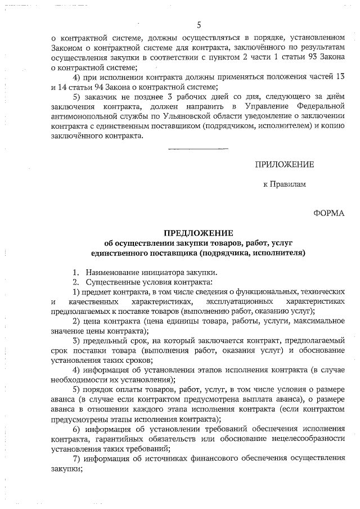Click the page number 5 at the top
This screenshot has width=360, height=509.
pos(199,24)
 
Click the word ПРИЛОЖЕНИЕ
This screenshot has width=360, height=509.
pos(284,164)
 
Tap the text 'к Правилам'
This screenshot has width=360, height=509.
pos(285,184)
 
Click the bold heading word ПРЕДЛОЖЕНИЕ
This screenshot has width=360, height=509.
pos(197,233)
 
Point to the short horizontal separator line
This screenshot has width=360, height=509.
pos(198,148)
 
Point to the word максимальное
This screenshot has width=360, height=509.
pos(317,321)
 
